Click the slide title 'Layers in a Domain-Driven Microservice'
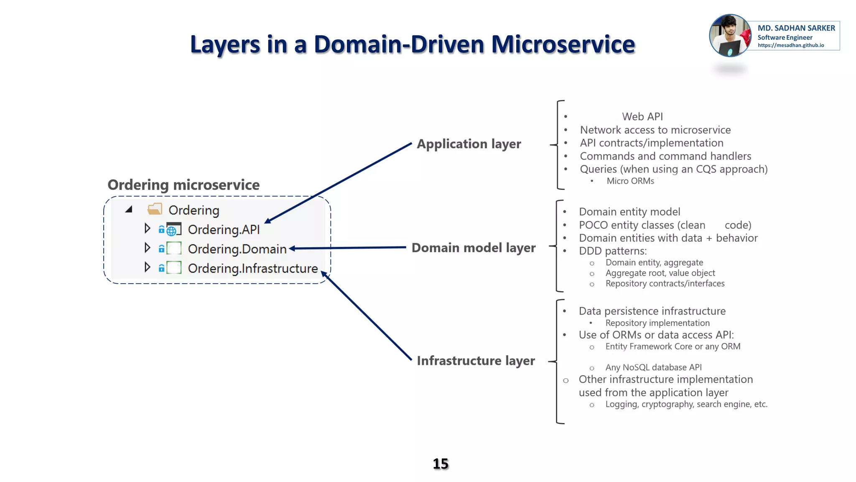(413, 44)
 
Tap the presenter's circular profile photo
(730, 36)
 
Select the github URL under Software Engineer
(791, 46)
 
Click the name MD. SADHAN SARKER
(796, 28)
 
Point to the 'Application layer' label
(469, 144)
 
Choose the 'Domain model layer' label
(473, 248)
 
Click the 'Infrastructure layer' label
(476, 361)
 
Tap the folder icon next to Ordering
(155, 209)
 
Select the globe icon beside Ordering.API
(172, 230)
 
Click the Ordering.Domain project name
(237, 249)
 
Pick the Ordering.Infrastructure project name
(252, 268)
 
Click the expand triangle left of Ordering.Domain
(147, 248)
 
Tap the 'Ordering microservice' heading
(183, 185)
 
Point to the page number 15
(441, 464)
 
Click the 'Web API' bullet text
(642, 117)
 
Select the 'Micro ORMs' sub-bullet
(630, 181)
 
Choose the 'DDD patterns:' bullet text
(613, 251)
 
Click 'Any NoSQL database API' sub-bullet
(653, 367)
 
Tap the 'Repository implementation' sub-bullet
(657, 323)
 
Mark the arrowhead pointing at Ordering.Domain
(292, 249)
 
